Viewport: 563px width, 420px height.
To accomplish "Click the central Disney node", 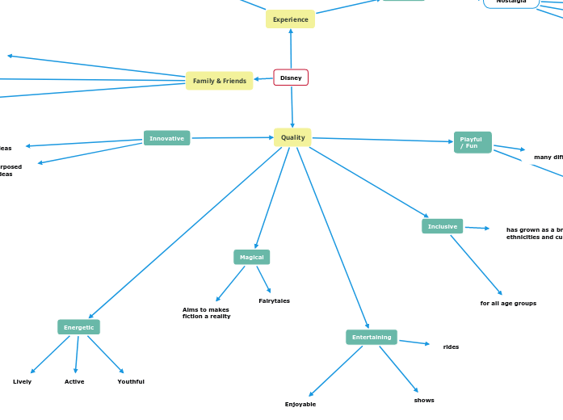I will (x=291, y=78).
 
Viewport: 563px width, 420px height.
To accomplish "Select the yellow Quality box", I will (x=292, y=137).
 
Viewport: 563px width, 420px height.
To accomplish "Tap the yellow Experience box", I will (x=290, y=19).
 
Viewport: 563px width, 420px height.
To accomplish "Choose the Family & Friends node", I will (x=219, y=81).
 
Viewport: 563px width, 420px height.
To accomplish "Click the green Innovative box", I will (x=166, y=138).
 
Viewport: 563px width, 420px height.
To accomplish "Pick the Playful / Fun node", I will (x=472, y=143).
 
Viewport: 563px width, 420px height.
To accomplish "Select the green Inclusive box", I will (x=442, y=226).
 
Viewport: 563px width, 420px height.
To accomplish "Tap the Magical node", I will (x=251, y=257).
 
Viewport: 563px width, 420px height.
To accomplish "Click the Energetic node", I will (x=78, y=327).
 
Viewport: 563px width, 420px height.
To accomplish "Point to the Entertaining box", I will (x=372, y=337).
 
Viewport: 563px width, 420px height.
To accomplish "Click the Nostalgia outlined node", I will (x=510, y=2).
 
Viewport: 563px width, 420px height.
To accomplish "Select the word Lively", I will (x=22, y=381).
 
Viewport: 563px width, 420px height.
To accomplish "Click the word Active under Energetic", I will (x=74, y=381).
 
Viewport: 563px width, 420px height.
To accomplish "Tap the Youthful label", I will (x=131, y=381).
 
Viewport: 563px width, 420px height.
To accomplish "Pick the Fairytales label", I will (x=274, y=300).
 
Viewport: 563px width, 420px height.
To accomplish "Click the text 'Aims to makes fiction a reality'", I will (x=206, y=313).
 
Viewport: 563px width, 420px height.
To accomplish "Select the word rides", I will (x=451, y=346).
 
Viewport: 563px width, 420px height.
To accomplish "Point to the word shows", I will (x=424, y=400).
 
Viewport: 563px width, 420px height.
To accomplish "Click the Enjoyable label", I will (x=300, y=404).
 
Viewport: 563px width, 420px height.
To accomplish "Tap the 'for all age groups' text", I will (x=508, y=303).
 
